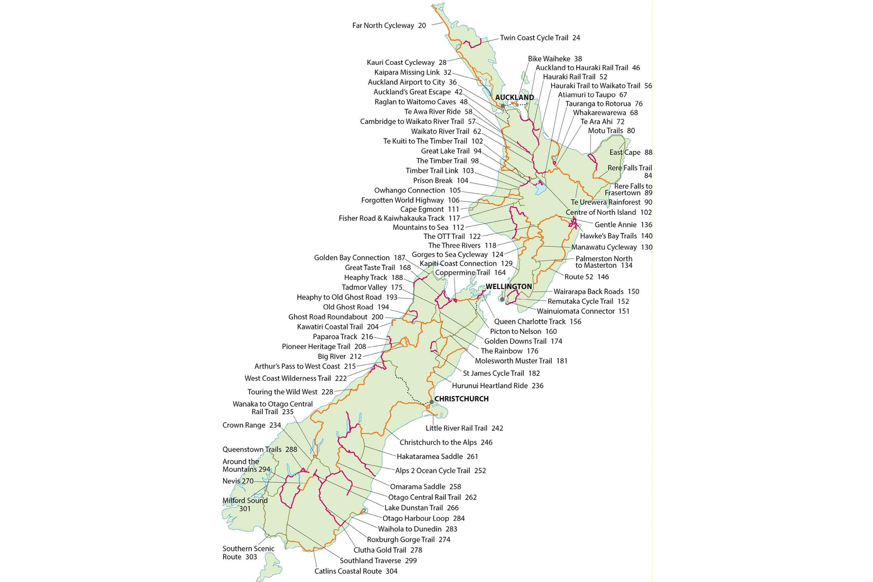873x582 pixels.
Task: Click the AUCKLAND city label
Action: [514, 98]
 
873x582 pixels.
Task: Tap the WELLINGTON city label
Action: [509, 286]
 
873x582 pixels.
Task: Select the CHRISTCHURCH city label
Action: [461, 399]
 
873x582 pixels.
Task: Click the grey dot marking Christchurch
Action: [431, 402]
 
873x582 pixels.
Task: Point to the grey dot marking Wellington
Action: [502, 299]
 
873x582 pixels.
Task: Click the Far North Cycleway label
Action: [383, 26]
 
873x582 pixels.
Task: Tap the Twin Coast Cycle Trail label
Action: [534, 38]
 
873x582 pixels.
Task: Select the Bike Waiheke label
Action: [549, 59]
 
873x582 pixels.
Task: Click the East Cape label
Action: [625, 153]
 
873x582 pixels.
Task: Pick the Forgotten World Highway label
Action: [403, 200]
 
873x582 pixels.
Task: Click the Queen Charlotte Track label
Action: [530, 322]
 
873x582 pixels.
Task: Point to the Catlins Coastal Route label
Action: [348, 571]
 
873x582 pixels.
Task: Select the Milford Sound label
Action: [245, 501]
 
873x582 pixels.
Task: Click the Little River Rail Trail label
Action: [457, 428]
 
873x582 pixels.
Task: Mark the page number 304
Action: [391, 571]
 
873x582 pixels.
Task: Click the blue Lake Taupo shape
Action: [540, 189]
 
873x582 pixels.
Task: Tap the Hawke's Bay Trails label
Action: [608, 236]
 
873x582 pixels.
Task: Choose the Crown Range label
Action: [244, 425]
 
